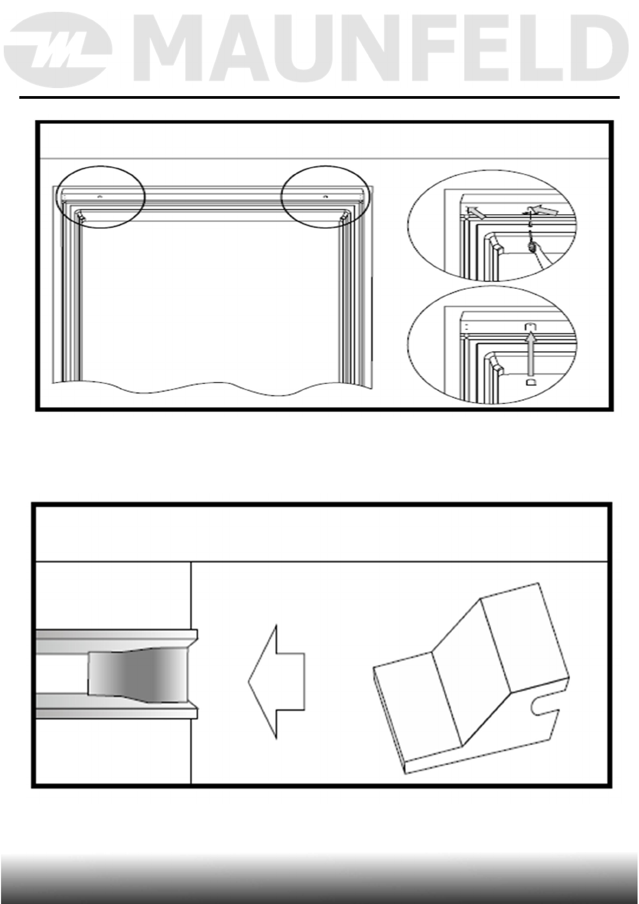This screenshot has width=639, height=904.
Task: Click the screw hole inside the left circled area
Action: click(x=99, y=197)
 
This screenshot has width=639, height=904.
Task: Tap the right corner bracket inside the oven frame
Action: click(x=343, y=217)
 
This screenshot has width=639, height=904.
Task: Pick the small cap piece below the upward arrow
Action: click(x=530, y=382)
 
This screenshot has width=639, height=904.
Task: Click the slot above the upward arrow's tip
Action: click(x=530, y=326)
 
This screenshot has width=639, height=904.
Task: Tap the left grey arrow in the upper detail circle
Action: click(x=475, y=213)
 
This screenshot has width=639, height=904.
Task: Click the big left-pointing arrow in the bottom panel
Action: click(x=277, y=682)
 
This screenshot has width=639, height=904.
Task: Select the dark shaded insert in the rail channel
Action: click(x=137, y=677)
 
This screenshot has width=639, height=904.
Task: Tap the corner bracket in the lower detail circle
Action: click(x=497, y=370)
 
